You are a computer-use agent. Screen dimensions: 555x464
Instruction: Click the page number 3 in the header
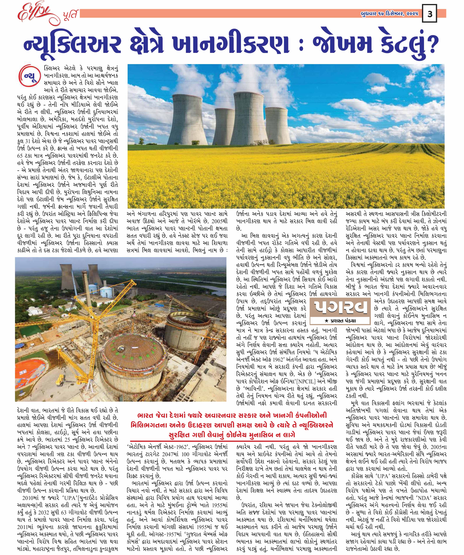click(x=430, y=14)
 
